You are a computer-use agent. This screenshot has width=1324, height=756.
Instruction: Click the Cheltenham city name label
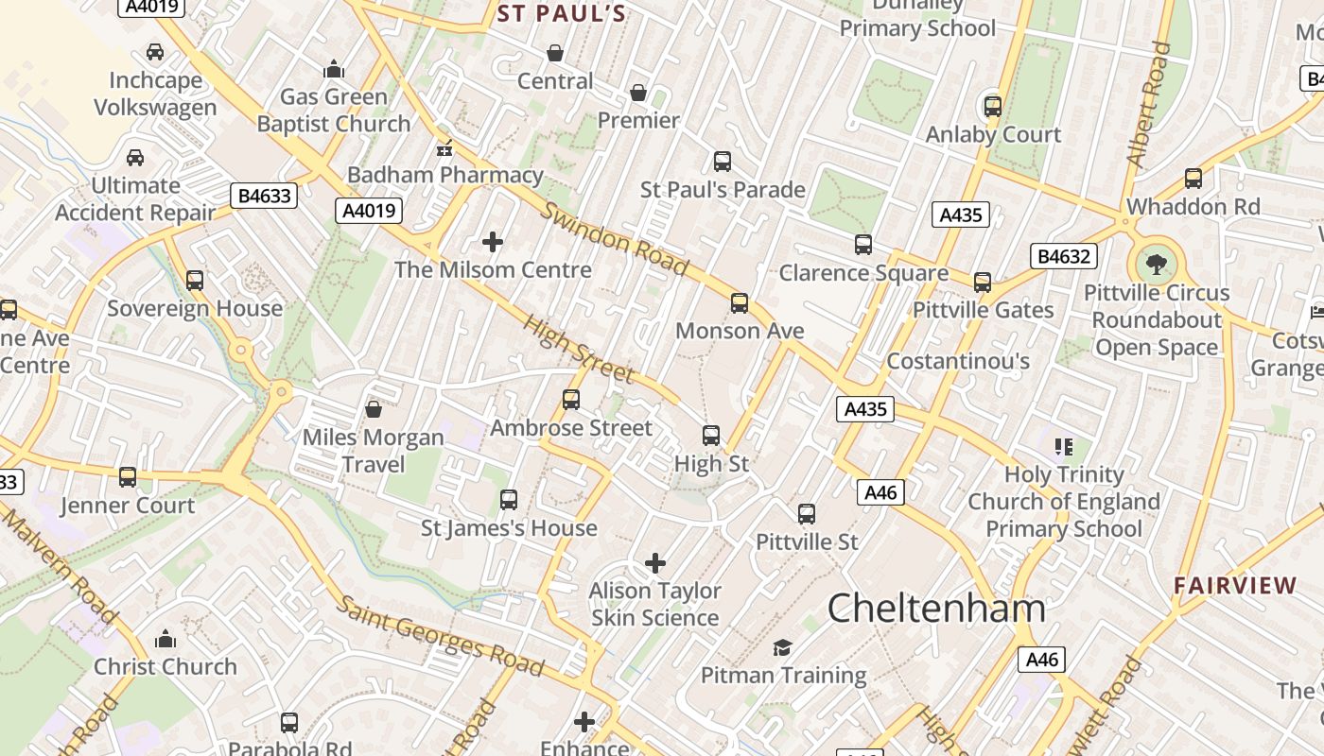click(x=936, y=608)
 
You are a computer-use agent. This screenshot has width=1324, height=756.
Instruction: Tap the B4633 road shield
click(x=264, y=196)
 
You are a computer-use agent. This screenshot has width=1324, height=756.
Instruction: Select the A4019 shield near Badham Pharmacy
click(x=369, y=210)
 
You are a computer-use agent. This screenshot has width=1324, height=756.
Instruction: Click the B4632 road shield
click(x=1064, y=255)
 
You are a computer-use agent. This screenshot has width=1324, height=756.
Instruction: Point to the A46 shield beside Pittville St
click(x=880, y=491)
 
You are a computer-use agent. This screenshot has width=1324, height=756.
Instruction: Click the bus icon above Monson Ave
click(x=740, y=302)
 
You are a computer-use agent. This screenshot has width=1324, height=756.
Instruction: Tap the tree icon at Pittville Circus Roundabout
click(x=1156, y=264)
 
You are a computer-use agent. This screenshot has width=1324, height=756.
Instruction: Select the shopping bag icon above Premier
click(x=638, y=93)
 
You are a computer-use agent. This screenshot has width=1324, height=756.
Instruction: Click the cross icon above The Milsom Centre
click(x=493, y=242)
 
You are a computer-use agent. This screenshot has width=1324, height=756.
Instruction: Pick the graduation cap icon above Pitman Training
click(x=782, y=647)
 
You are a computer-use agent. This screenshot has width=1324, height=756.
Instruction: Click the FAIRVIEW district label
click(x=1235, y=585)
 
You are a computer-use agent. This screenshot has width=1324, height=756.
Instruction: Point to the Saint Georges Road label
click(x=442, y=636)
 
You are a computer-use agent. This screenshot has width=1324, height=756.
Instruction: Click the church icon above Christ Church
click(x=165, y=639)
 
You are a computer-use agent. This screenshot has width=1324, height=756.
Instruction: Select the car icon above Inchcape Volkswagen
click(x=155, y=51)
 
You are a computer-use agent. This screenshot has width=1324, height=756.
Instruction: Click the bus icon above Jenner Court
click(x=128, y=477)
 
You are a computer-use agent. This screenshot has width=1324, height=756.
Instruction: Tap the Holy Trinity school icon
click(x=1064, y=446)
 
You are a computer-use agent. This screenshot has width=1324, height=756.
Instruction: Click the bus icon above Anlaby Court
click(x=992, y=106)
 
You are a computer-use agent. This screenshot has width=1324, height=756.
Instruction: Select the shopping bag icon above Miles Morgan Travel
click(x=374, y=409)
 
